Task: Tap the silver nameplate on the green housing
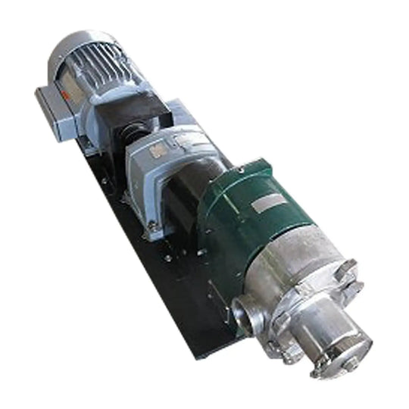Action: point(267,203)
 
